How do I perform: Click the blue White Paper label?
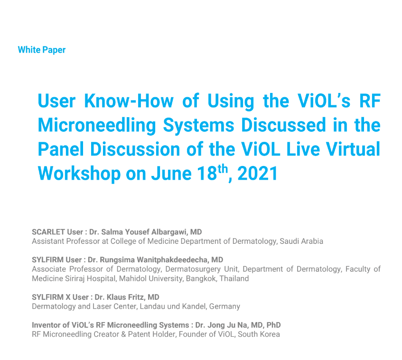tap(42, 50)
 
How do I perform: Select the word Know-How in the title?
tap(129, 101)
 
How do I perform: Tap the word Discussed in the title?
tap(283, 125)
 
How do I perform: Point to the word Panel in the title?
tap(61, 149)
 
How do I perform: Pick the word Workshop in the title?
tap(79, 174)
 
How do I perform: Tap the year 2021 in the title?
tap(258, 174)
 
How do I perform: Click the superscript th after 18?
tap(223, 168)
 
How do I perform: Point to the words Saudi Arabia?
tap(301, 241)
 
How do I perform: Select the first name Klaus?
tap(116, 297)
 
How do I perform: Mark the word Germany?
tap(224, 306)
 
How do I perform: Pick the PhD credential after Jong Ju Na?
tap(273, 325)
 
